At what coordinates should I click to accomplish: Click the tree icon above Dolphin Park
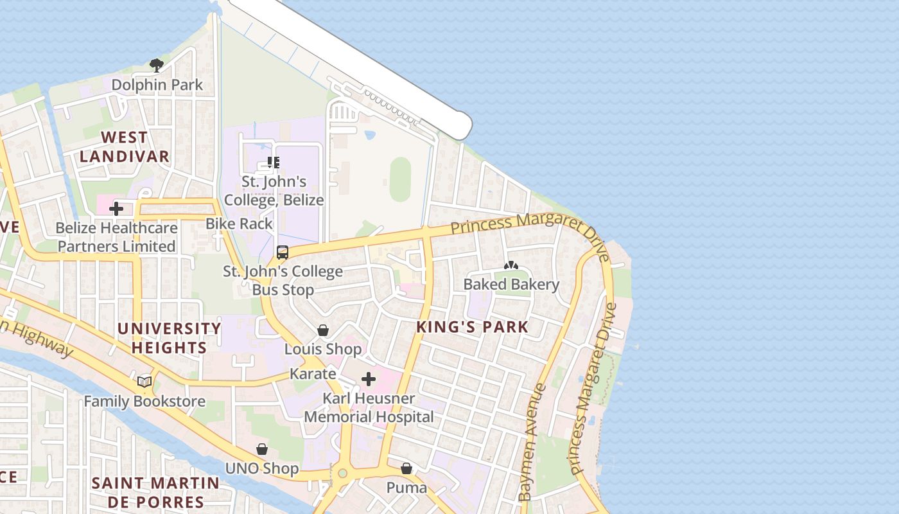tap(156, 64)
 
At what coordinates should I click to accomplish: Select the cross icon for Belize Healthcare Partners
tap(116, 209)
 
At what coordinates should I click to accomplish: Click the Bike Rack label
tap(239, 224)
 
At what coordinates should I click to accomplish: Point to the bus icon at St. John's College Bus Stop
tap(282, 253)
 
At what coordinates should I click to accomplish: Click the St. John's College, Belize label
tap(274, 191)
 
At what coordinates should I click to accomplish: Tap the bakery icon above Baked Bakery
tap(511, 265)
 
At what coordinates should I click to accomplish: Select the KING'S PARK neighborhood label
tap(472, 326)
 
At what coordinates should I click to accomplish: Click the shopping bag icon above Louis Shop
tap(323, 330)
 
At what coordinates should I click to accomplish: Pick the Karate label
tap(313, 374)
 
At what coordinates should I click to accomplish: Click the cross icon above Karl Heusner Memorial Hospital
tap(369, 379)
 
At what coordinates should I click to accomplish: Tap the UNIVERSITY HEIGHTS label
tap(169, 338)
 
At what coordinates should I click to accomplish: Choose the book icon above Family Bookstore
tap(144, 382)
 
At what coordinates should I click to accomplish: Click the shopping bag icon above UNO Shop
tap(262, 449)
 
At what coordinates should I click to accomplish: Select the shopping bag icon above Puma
tap(406, 468)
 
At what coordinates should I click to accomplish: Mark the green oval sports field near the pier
tap(400, 179)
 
